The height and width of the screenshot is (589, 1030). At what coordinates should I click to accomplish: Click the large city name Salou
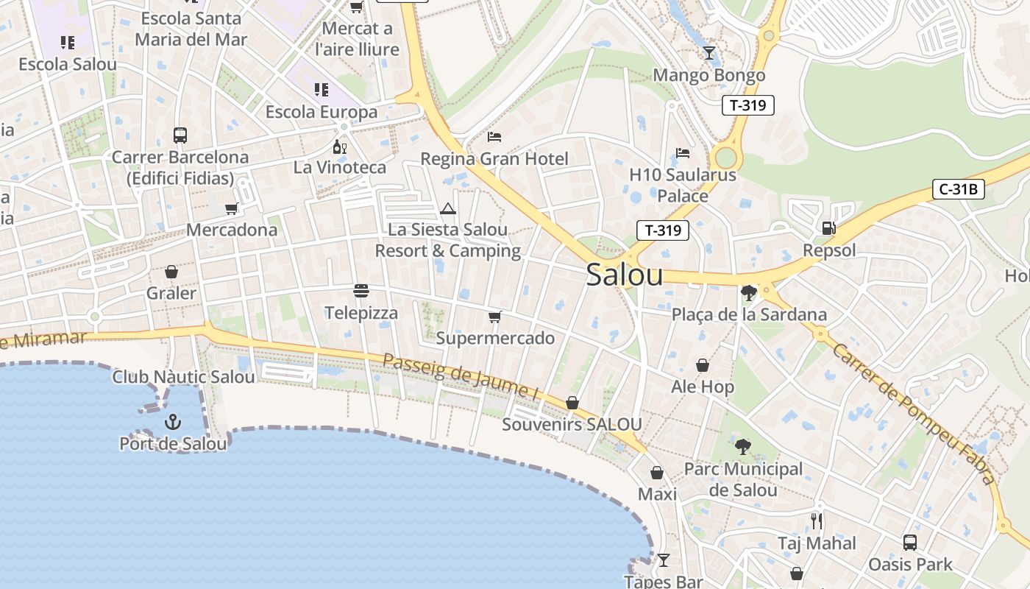625,275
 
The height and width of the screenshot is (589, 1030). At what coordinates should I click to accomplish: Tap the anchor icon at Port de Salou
172,422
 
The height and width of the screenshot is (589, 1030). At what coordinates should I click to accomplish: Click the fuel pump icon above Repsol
829,229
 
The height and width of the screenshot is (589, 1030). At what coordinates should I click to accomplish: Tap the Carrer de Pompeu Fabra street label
913,412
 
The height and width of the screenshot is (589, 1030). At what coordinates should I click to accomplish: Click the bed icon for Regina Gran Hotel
494,137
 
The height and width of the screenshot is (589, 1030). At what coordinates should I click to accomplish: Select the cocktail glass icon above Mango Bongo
708,53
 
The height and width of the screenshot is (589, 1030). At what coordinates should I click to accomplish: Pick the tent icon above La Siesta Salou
448,208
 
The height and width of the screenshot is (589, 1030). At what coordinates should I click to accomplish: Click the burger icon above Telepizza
360,291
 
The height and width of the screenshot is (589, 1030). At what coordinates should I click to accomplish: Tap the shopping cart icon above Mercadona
232,208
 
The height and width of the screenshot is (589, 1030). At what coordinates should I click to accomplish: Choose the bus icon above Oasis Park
910,543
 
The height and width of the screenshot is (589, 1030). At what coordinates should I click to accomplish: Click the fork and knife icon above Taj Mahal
817,521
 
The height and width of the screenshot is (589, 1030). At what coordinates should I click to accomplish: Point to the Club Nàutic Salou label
183,377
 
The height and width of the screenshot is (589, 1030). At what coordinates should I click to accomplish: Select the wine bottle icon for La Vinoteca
340,147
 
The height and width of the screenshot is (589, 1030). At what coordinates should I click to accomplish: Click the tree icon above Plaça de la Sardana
749,293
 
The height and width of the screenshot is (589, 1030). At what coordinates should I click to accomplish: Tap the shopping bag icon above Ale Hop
703,365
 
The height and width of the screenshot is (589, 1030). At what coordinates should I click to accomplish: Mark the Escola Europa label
322,112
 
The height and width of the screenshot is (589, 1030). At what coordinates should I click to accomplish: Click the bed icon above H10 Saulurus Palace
683,153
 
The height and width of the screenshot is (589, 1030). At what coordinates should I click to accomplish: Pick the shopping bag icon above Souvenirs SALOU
572,403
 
